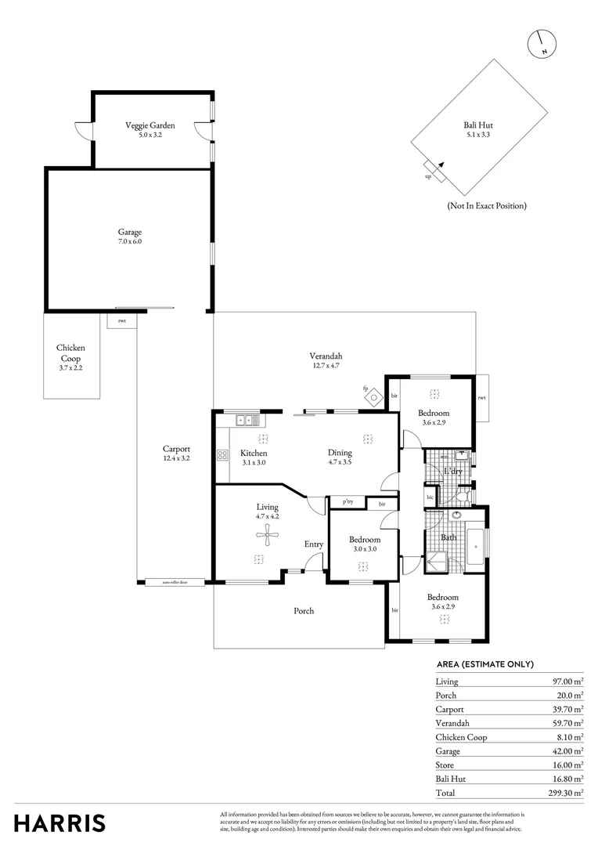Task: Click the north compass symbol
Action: (542, 44)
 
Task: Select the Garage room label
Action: (130, 237)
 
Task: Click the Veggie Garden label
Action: (150, 129)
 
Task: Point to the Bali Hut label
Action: (478, 129)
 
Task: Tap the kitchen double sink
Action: (249, 421)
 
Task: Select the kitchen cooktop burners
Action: (222, 454)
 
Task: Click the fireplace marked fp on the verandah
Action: (373, 397)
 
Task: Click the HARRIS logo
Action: (59, 823)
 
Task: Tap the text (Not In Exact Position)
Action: (486, 205)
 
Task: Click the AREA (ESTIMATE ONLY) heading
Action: (485, 664)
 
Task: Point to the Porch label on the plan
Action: (304, 611)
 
